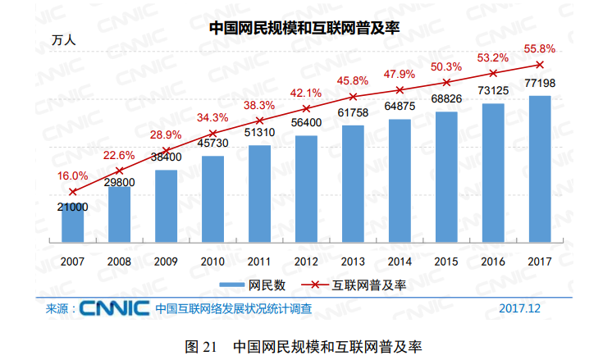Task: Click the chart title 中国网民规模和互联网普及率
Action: [304, 28]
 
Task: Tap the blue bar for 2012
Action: [306, 189]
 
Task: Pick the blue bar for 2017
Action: [539, 168]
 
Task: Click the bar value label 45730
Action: [212, 144]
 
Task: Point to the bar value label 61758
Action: [353, 112]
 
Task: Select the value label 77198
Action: [539, 84]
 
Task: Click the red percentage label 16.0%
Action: [72, 175]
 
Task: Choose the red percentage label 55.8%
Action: [539, 48]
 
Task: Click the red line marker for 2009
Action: [166, 152]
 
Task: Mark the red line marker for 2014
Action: [400, 89]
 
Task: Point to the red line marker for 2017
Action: [539, 64]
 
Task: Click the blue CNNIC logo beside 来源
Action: [112, 309]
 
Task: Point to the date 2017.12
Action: [521, 309]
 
